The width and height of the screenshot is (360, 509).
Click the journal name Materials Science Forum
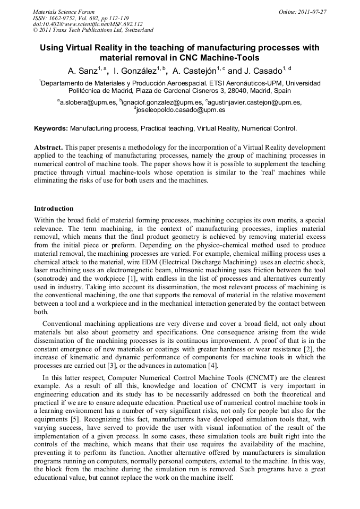pyautogui.click(x=64, y=11)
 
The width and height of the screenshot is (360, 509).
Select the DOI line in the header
pyautogui.click(x=88, y=24)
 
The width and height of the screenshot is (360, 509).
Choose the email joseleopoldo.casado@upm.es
pyautogui.click(x=181, y=110)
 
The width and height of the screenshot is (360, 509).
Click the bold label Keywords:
pyautogui.click(x=51, y=128)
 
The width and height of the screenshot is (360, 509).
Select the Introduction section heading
pyautogui.click(x=54, y=209)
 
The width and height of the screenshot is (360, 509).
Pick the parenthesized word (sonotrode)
pyautogui.click(x=54, y=278)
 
